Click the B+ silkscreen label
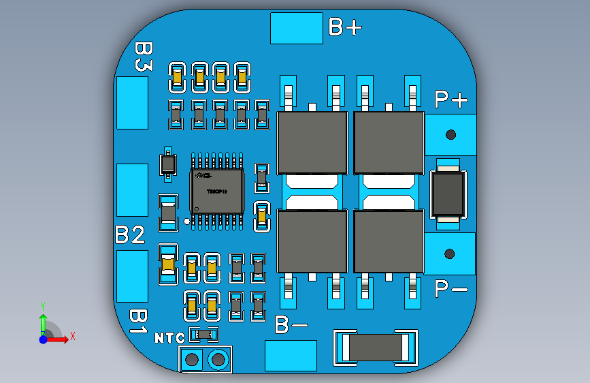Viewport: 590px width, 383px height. [x=345, y=27]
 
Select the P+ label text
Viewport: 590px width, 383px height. [x=451, y=99]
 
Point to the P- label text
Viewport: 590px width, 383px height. [x=450, y=289]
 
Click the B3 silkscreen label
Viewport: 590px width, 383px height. [x=143, y=57]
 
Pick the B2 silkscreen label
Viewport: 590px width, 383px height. [x=130, y=235]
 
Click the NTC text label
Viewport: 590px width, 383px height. [x=169, y=338]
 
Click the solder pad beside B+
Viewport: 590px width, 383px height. [x=296, y=28]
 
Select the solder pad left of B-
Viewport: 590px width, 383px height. [x=291, y=355]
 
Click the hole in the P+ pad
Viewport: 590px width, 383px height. [x=450, y=134]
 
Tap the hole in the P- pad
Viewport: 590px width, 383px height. [x=450, y=254]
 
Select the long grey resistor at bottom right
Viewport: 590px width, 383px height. [x=374, y=348]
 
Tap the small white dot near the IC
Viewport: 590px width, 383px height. [x=186, y=221]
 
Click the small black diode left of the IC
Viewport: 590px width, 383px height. [x=167, y=164]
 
